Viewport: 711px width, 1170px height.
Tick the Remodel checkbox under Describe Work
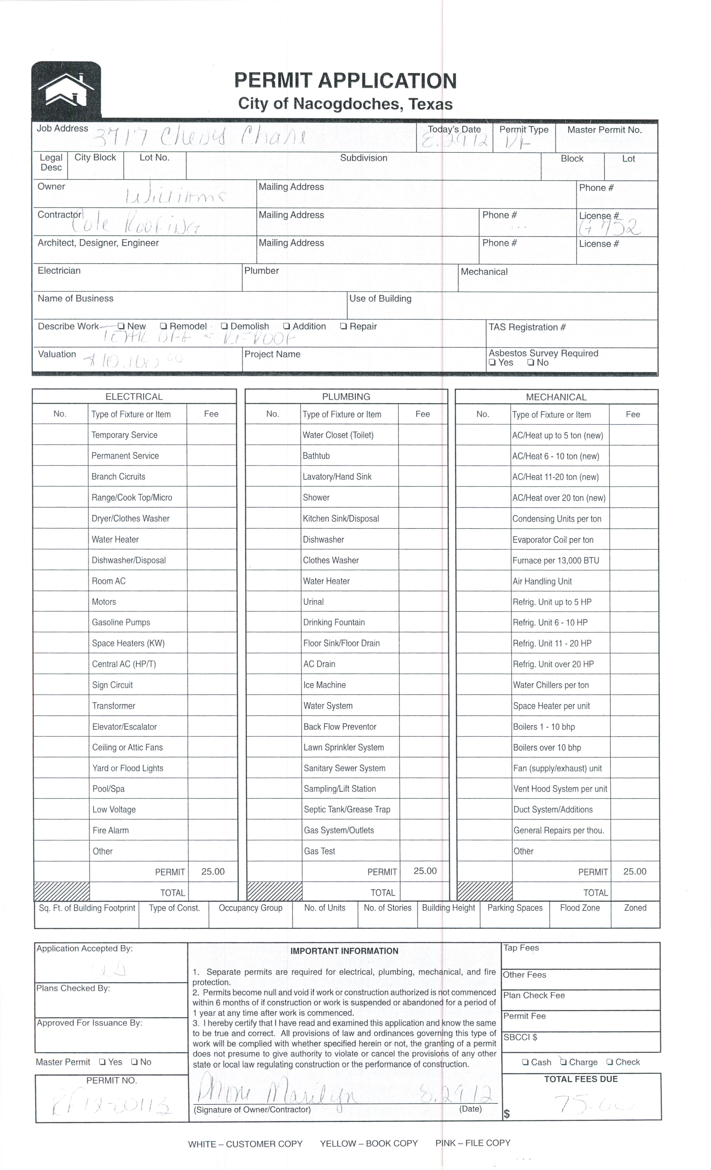[163, 326]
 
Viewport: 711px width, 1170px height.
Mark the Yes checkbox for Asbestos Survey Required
[492, 363]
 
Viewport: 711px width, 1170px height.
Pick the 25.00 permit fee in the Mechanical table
[635, 871]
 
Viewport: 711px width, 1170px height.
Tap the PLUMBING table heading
[346, 396]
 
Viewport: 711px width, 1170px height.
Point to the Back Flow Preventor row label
[340, 727]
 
